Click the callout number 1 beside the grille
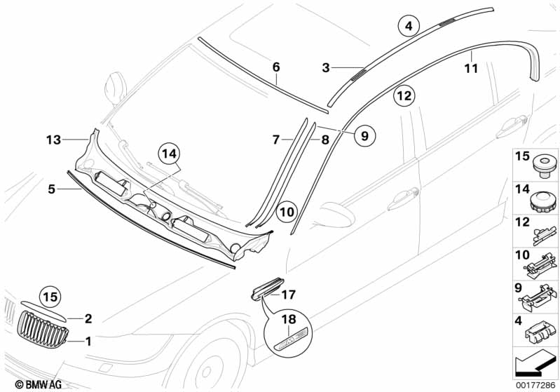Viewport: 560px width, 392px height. coord(88,342)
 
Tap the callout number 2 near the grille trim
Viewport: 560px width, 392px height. coord(88,319)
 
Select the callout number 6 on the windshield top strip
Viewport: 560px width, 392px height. coord(276,67)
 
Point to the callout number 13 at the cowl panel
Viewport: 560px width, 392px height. coord(54,140)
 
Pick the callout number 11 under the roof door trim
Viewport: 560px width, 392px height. coord(471,69)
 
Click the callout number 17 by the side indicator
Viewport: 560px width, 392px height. coord(289,295)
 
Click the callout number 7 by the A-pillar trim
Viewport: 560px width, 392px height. coord(276,140)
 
